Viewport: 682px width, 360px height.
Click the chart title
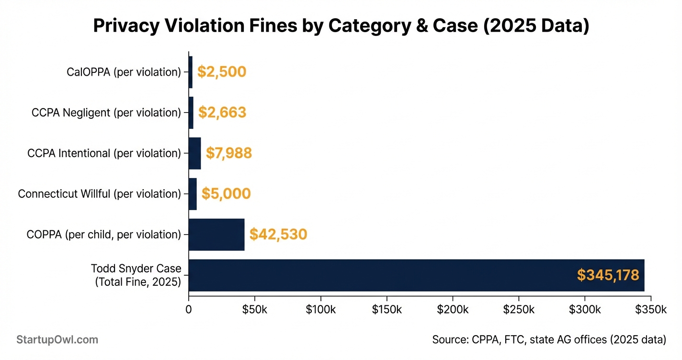[341, 26]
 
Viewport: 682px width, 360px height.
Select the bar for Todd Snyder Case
[416, 275]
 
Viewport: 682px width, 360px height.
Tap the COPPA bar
[216, 235]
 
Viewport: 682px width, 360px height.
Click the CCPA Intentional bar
[194, 153]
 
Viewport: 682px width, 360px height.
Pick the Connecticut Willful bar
[193, 194]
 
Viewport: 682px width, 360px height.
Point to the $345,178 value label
[608, 275]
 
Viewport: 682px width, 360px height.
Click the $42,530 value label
[278, 235]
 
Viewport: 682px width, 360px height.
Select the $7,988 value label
[228, 153]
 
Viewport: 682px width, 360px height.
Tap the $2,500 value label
[221, 72]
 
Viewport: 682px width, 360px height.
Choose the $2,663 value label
[222, 112]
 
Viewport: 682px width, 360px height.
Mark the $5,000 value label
[226, 194]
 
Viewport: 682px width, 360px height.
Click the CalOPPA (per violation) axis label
[124, 72]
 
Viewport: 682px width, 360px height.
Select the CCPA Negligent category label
[106, 112]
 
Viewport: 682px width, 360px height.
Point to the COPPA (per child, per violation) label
[104, 235]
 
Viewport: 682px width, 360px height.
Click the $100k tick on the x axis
[320, 310]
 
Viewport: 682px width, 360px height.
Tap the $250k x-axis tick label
[519, 310]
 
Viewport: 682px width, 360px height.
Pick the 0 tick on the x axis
[189, 310]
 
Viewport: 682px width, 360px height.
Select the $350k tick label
[650, 310]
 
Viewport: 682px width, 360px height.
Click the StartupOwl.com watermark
[57, 340]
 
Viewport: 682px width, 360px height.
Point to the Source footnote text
[549, 340]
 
